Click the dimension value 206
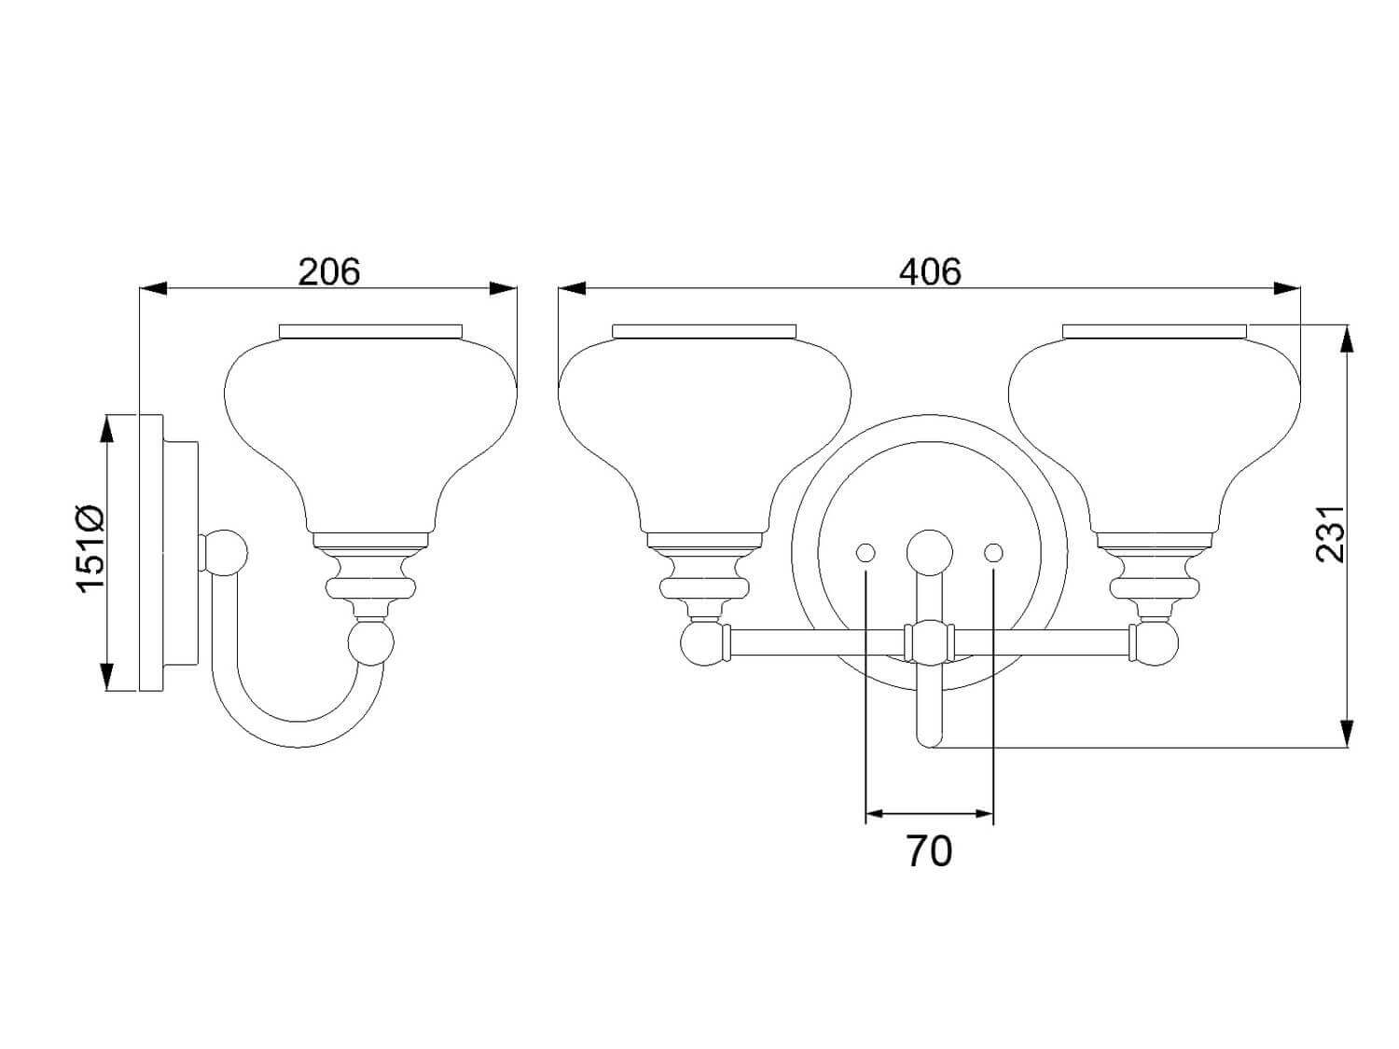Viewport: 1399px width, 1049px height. point(329,272)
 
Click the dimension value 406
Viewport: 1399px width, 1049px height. point(929,272)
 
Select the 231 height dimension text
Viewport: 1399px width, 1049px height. point(1330,534)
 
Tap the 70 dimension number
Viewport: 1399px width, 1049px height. point(929,851)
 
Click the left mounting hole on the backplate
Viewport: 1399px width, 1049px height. point(865,552)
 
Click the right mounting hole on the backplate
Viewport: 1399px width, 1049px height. point(993,552)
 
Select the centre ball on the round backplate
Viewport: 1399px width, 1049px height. point(929,552)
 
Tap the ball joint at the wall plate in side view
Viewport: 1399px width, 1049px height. point(224,553)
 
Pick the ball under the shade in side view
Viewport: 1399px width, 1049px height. point(371,642)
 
